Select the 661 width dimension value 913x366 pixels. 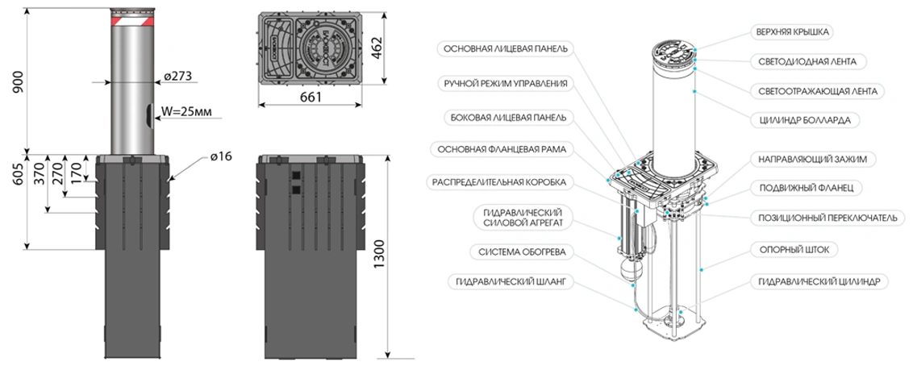click(x=311, y=98)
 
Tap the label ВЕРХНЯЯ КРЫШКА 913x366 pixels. click(x=793, y=32)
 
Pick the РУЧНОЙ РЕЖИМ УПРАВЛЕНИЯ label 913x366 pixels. click(x=506, y=83)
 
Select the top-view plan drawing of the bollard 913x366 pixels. click(x=311, y=48)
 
